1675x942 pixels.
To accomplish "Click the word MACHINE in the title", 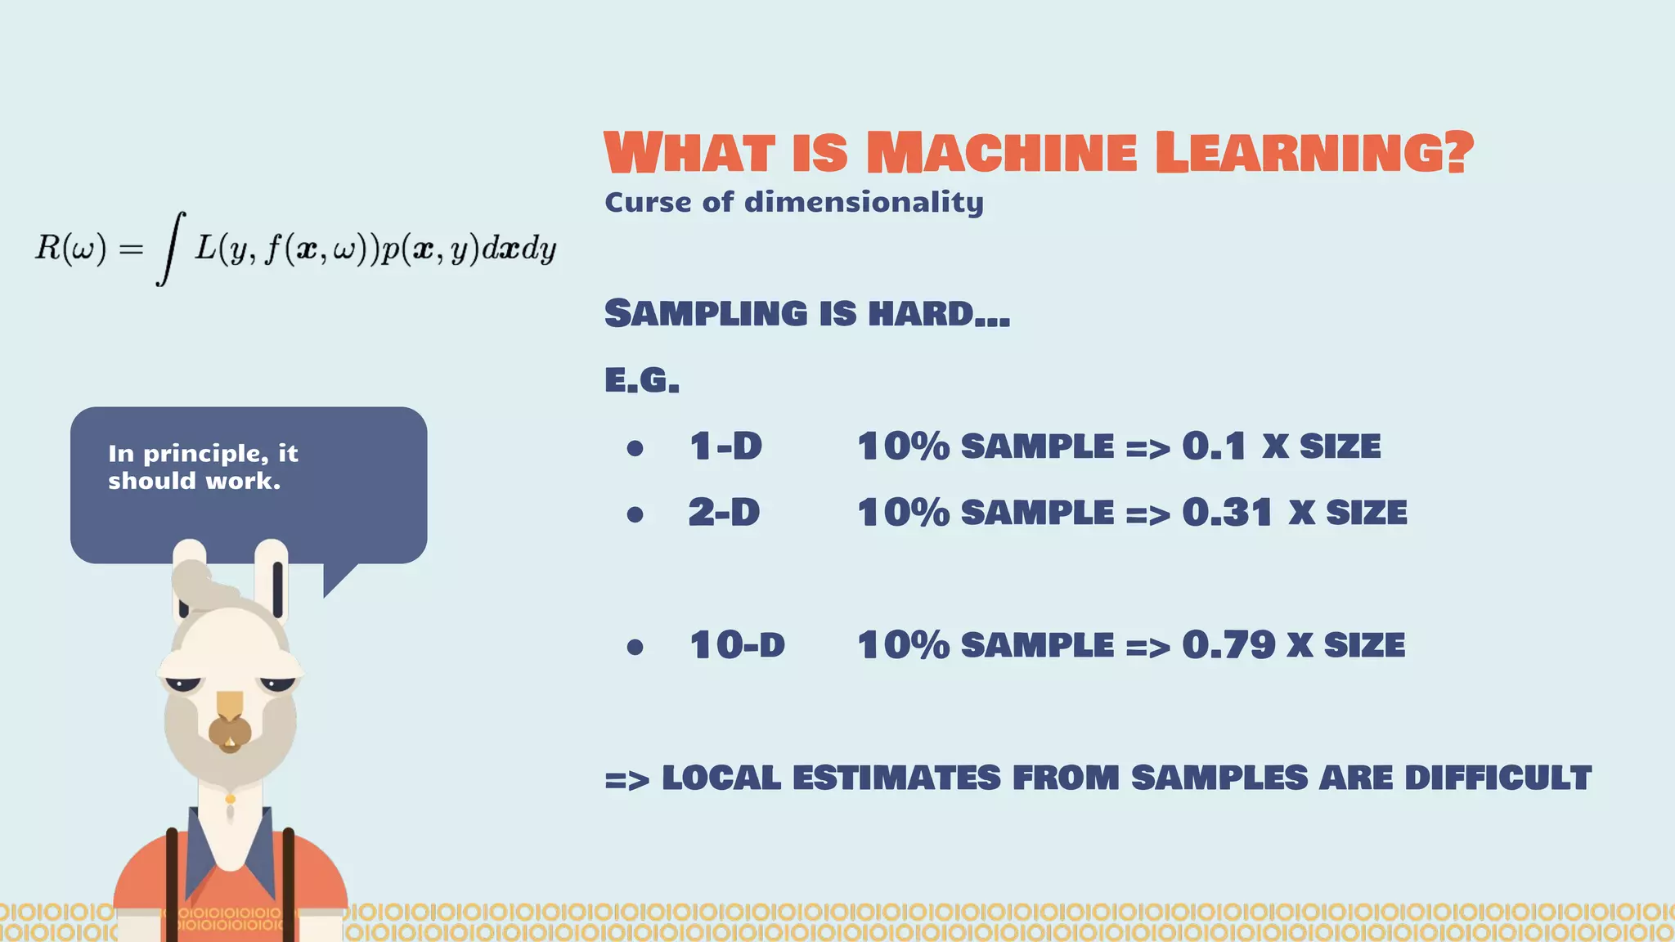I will pos(1001,153).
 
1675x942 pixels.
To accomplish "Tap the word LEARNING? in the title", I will pos(1314,153).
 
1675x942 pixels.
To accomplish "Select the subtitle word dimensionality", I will pos(864,203).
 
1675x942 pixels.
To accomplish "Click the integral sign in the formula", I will pos(170,248).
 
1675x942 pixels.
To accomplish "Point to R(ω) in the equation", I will pos(70,248).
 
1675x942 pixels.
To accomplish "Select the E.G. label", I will pos(642,380).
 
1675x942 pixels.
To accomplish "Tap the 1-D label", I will pos(725,446).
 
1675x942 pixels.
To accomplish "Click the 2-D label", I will pos(724,513).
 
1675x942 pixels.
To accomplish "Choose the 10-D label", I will pos(737,645).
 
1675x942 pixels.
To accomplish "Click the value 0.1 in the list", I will pos(1214,446).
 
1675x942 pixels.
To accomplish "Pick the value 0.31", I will pos(1227,513).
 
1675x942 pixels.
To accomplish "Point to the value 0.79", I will pos(1228,645).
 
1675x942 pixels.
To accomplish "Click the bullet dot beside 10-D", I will pos(635,648).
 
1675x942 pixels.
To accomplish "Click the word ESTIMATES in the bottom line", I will pos(896,778).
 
